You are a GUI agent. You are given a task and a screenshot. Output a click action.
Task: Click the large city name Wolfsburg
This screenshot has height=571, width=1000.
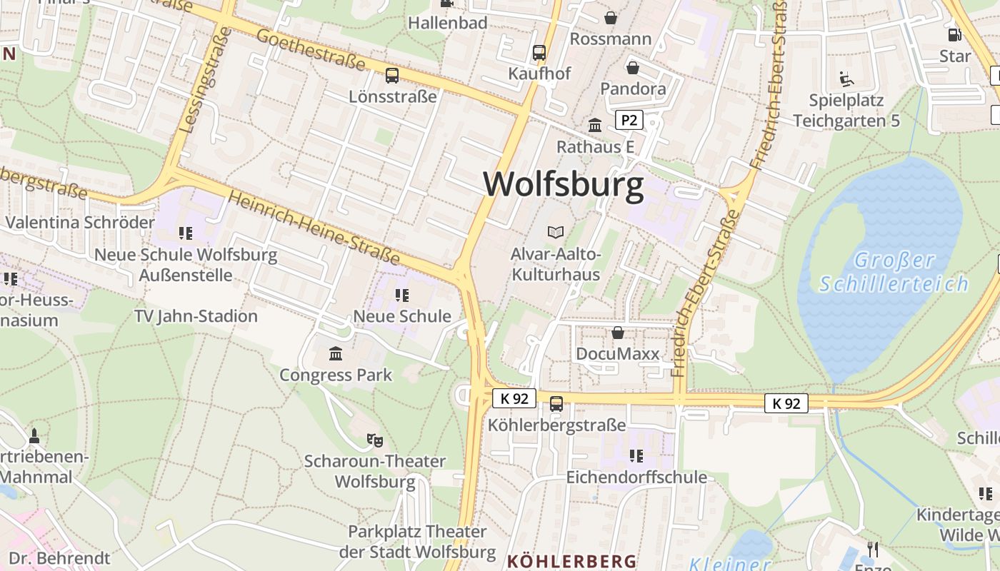[x=563, y=184]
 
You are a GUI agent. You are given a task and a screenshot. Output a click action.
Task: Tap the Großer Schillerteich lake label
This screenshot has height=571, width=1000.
[x=894, y=272]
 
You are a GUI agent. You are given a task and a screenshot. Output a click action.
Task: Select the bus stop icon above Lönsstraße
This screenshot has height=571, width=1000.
[x=391, y=76]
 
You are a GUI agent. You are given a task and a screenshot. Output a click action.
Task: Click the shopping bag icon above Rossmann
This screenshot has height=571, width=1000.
[x=611, y=17]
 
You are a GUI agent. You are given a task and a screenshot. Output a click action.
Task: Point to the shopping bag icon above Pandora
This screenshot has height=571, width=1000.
[x=632, y=68]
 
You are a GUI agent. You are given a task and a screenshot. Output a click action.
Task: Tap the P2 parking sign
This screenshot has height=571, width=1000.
[x=629, y=120]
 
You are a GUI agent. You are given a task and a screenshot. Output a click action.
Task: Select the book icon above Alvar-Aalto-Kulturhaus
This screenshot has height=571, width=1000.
[x=555, y=232]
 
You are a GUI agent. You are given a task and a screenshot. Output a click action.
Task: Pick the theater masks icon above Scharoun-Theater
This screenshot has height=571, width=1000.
[x=374, y=440]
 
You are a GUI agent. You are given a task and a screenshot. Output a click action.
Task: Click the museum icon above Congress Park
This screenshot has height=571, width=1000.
[x=335, y=353]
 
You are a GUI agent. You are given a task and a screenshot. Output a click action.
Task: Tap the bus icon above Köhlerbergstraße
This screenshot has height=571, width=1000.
[x=556, y=404]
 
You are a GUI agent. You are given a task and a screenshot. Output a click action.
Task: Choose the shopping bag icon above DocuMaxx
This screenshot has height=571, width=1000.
[x=617, y=333]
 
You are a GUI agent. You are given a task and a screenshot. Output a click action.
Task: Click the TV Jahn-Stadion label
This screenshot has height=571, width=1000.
[x=196, y=315]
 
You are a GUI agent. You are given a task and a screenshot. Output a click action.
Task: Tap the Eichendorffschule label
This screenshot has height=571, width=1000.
[x=636, y=477]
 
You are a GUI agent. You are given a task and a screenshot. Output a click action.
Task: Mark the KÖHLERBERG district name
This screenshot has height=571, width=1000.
[x=571, y=561]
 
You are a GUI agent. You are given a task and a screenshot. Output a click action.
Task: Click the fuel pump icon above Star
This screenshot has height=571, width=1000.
[x=954, y=35]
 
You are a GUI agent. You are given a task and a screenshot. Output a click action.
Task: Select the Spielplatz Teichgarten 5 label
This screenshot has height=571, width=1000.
[x=846, y=111]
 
